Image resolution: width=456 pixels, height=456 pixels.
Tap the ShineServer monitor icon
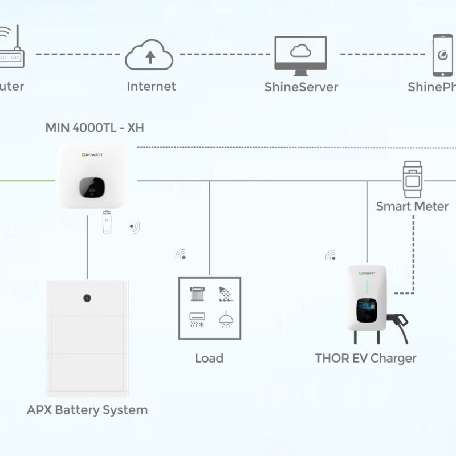click(300, 55)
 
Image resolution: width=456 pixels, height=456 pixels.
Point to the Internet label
click(151, 86)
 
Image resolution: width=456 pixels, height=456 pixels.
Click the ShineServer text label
click(301, 87)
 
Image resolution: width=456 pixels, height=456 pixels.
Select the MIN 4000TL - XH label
click(95, 128)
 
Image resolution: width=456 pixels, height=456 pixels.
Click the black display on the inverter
click(92, 188)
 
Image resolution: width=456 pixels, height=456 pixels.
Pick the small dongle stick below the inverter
click(107, 222)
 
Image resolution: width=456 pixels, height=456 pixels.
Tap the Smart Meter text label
click(412, 206)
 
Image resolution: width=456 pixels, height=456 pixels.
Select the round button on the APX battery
click(87, 298)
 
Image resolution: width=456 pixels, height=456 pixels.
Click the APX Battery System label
click(87, 409)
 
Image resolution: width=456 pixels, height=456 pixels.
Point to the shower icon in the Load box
click(225, 294)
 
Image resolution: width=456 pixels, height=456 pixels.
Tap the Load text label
click(209, 358)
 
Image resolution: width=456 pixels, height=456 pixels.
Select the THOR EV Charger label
click(365, 358)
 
